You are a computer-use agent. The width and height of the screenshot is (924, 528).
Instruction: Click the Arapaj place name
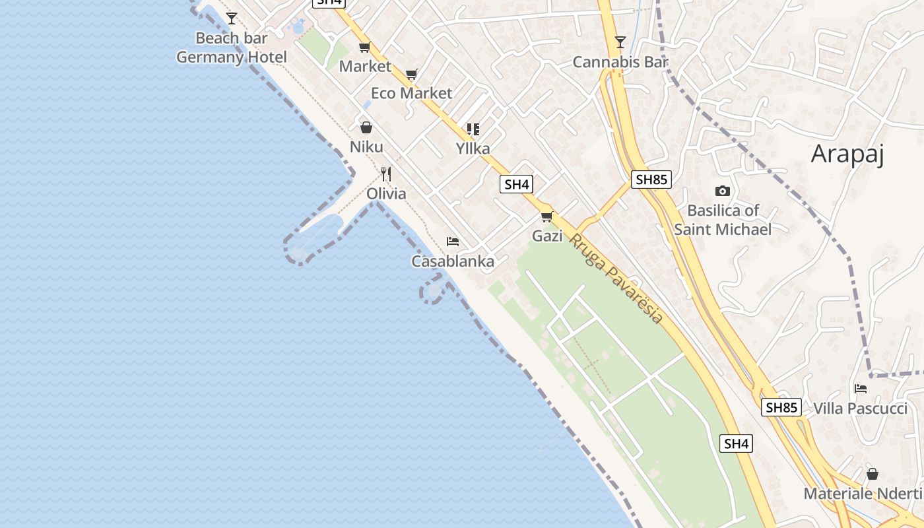[847, 154]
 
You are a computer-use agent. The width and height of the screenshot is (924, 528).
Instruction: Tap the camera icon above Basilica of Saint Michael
[723, 191]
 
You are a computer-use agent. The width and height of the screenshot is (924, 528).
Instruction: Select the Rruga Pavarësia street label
[616, 278]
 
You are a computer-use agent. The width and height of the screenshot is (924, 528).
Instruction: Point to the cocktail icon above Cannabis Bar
[620, 43]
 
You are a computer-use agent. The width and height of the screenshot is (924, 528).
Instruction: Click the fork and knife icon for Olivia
[386, 174]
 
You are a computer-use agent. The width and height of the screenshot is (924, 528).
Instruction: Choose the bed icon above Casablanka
[453, 242]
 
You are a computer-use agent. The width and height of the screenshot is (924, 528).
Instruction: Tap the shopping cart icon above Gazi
[546, 216]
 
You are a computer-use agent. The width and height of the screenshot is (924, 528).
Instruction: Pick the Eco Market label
[412, 93]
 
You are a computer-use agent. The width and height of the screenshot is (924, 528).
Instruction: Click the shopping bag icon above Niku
[366, 127]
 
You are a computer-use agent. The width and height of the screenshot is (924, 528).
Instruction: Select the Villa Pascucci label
[860, 409]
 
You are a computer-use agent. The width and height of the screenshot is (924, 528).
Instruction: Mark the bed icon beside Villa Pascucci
[861, 389]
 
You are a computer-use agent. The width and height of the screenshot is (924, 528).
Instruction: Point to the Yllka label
[473, 148]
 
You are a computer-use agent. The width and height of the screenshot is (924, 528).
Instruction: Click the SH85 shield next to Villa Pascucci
[781, 407]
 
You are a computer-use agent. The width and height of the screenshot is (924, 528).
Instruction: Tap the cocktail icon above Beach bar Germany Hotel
[232, 18]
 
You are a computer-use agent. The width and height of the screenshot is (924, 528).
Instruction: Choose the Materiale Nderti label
[863, 494]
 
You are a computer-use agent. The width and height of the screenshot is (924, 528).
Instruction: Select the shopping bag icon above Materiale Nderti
[873, 474]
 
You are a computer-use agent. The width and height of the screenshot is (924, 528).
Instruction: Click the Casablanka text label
[453, 261]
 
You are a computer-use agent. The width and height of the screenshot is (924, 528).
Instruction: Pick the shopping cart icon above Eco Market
[412, 74]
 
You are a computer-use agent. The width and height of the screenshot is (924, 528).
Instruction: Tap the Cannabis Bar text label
[620, 62]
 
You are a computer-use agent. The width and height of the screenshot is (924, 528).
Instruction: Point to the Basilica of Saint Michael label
[723, 220]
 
